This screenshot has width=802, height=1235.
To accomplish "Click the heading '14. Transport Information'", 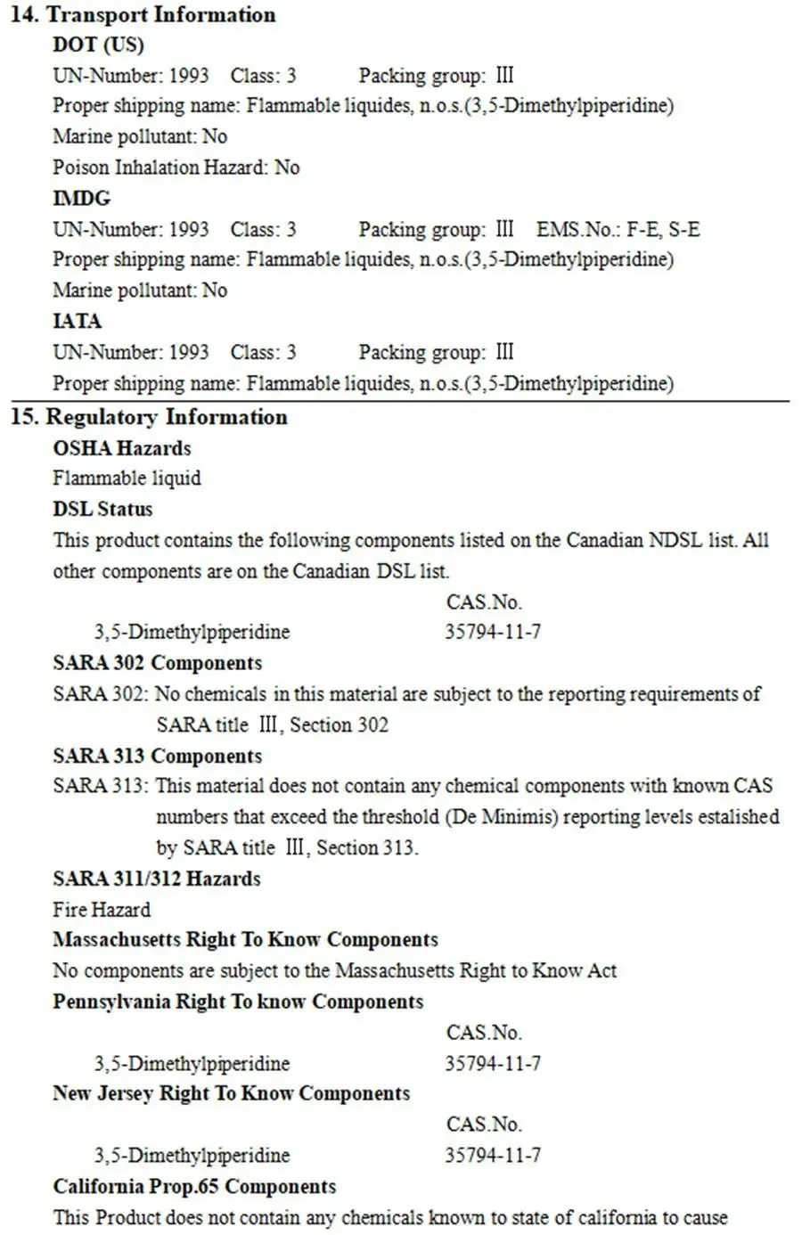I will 143,15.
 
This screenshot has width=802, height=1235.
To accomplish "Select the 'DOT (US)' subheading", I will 98,45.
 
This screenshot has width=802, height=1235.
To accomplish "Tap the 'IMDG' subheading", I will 82,198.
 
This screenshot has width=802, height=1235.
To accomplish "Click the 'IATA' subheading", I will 78,321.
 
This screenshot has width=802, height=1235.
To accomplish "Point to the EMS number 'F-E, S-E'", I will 663,229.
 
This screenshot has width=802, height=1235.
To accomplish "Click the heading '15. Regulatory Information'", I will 149,417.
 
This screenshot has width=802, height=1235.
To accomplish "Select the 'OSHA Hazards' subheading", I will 122,447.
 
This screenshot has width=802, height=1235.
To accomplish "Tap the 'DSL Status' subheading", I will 102,509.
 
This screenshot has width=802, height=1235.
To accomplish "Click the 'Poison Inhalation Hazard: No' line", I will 176,167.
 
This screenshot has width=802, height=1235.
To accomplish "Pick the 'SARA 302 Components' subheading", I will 158,663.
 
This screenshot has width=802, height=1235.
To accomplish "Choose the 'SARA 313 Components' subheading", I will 158,756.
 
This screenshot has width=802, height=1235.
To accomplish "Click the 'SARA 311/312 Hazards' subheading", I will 157,879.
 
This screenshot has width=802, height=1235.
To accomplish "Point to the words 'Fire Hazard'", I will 102,910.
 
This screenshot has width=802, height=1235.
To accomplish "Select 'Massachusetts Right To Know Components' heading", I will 246,940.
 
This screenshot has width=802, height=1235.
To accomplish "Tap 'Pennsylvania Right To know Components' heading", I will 238,1002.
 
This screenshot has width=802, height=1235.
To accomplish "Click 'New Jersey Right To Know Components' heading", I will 232,1093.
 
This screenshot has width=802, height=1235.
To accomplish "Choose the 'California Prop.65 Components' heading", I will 194,1187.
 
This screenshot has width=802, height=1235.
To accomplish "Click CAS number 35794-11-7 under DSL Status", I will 493,632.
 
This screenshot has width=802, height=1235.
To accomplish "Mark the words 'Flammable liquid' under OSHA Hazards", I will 127,478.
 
